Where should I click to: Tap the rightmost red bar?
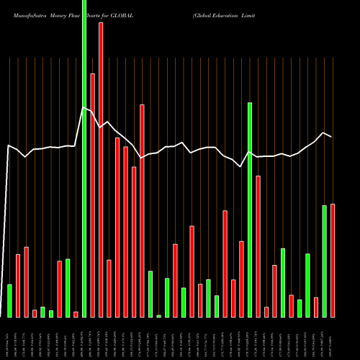pyautogui.click(x=333, y=260)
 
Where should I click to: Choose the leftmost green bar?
pyautogui.click(x=9, y=300)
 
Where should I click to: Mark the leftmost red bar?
pyautogui.click(x=18, y=285)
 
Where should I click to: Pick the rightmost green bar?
pyautogui.click(x=324, y=261)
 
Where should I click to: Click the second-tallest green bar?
pyautogui.click(x=250, y=210)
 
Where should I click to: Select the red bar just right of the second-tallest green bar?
pyautogui.click(x=258, y=246)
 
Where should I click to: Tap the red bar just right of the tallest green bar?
pyautogui.click(x=92, y=194)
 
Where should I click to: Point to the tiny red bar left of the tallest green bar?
pyautogui.click(x=76, y=314)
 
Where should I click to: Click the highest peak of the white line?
pyautogui.click(x=84, y=108)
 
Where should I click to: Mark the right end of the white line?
pyautogui.click(x=332, y=137)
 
